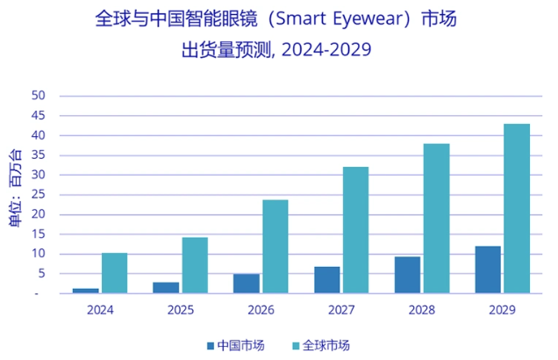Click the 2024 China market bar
click(x=85, y=290)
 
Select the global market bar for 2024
click(x=114, y=273)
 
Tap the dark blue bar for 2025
click(x=166, y=287)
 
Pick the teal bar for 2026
click(x=275, y=247)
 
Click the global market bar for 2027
click(x=355, y=230)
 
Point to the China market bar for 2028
click(x=407, y=275)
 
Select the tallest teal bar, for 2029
click(x=517, y=209)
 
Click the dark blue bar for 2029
click(x=488, y=270)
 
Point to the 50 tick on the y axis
click(x=39, y=96)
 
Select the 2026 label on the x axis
click(x=261, y=310)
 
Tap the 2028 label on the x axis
click(x=421, y=310)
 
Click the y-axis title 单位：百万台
click(x=15, y=189)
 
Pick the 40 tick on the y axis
click(x=39, y=135)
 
